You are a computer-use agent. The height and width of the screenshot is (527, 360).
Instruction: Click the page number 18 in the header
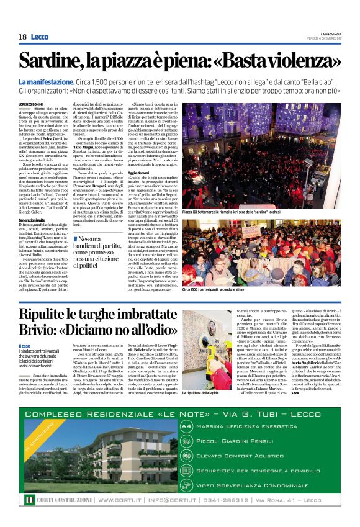[x=22, y=37]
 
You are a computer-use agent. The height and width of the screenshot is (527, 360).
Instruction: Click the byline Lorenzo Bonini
[x=32, y=104]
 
